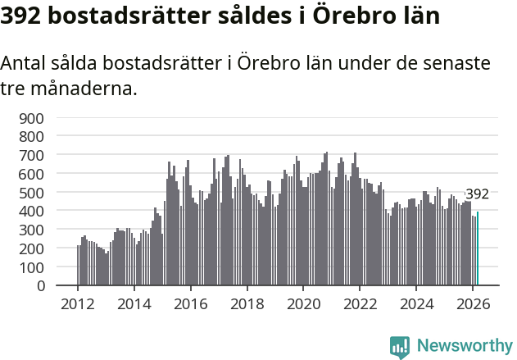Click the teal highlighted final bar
[478, 249]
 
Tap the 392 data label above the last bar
[477, 194]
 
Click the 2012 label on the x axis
[78, 303]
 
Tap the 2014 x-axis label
[134, 303]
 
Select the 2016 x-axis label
[191, 303]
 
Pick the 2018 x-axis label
[247, 303]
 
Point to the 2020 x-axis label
[304, 303]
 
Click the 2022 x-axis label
[361, 303]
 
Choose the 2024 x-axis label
[417, 303]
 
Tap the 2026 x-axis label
[474, 303]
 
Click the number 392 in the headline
[25, 16]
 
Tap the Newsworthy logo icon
[400, 346]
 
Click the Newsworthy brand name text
[465, 346]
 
